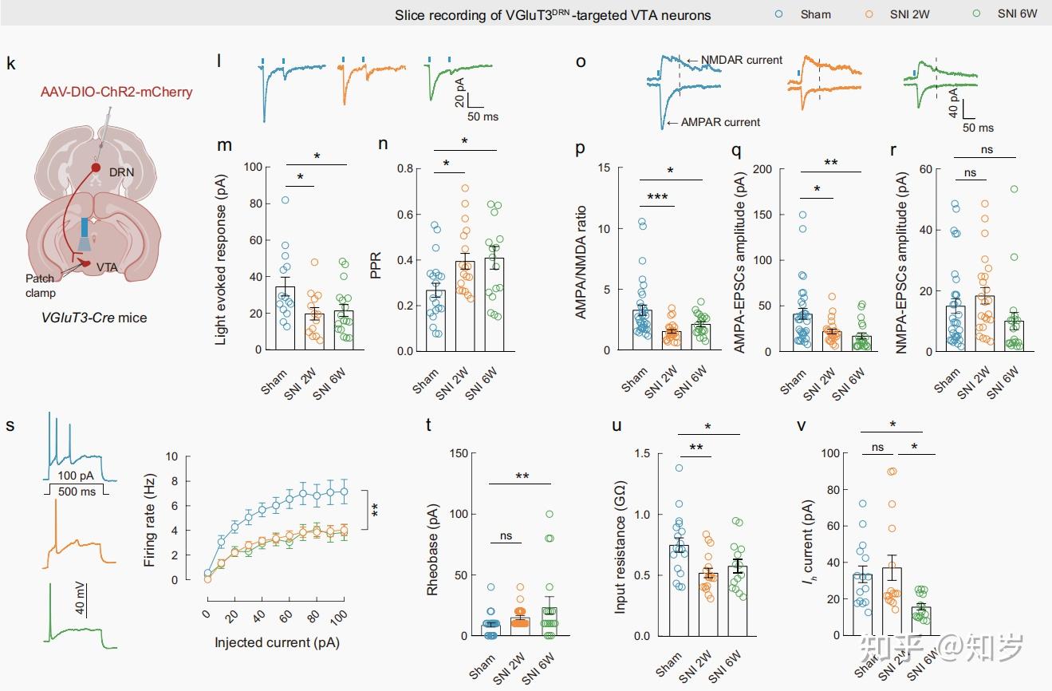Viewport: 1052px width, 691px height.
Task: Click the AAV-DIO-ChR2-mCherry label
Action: (x=116, y=92)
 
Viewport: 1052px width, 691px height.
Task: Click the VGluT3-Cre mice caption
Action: (x=94, y=318)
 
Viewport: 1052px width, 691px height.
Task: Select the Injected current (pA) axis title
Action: (x=274, y=642)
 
